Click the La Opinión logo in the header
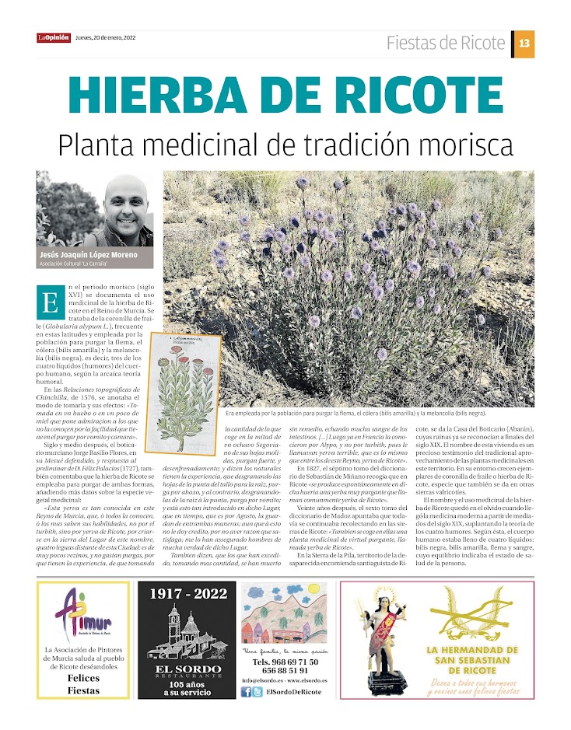pyautogui.click(x=53, y=38)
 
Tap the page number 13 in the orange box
pyautogui.click(x=524, y=44)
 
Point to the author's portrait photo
pyautogui.click(x=94, y=208)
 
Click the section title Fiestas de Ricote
pyautogui.click(x=446, y=43)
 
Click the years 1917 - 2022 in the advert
pyautogui.click(x=187, y=595)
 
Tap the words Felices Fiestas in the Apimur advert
pyautogui.click(x=83, y=684)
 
